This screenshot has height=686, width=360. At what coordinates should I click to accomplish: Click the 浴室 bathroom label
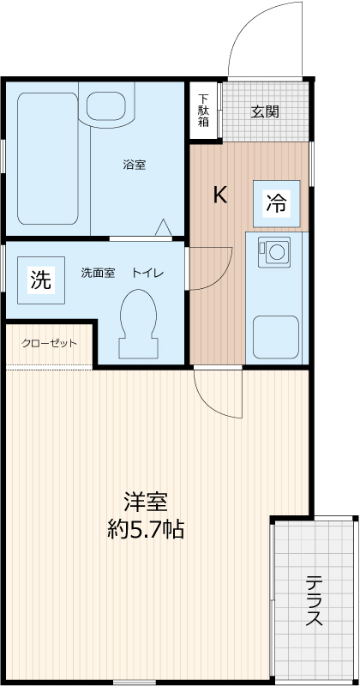[134, 165]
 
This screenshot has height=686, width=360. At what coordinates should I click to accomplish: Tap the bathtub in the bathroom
[49, 158]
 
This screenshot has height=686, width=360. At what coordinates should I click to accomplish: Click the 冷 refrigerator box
[276, 202]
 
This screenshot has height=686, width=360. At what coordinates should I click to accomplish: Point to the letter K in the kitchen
[220, 196]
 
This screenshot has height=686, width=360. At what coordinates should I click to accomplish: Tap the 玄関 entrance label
[264, 111]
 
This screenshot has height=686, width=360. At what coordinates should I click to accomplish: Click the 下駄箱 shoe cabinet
[203, 110]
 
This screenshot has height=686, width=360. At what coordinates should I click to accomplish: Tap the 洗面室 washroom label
[98, 273]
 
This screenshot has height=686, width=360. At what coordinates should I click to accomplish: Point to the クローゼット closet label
[49, 343]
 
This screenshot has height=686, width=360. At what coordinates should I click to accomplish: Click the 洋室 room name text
[145, 502]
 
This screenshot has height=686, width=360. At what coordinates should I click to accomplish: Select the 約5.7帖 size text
[145, 529]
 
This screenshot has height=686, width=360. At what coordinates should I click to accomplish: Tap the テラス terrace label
[314, 600]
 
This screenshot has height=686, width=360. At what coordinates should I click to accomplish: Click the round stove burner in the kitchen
[276, 252]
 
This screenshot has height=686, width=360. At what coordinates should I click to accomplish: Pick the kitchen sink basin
[275, 335]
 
